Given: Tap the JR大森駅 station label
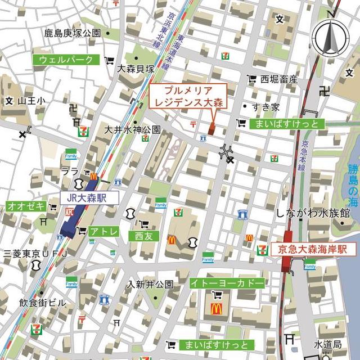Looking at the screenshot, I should [90, 197].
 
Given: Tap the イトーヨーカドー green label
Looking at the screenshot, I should [226, 283].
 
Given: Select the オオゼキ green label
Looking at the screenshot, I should [25, 206].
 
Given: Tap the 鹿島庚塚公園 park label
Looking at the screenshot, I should [73, 33].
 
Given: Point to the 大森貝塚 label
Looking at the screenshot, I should [136, 69].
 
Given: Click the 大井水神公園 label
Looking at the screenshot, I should [132, 129].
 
